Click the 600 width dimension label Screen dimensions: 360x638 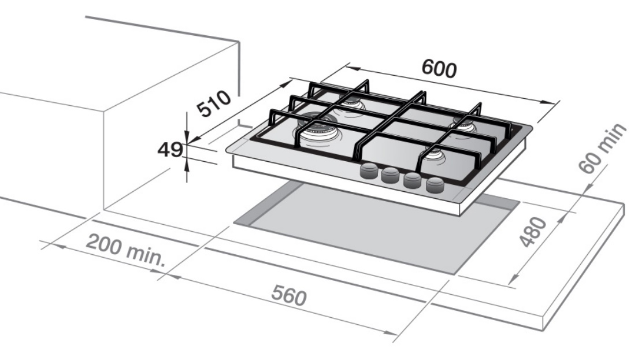[439, 68]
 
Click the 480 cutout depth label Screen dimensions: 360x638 [531, 232]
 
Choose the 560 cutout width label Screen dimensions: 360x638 [288, 296]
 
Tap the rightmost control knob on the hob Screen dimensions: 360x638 [435, 185]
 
